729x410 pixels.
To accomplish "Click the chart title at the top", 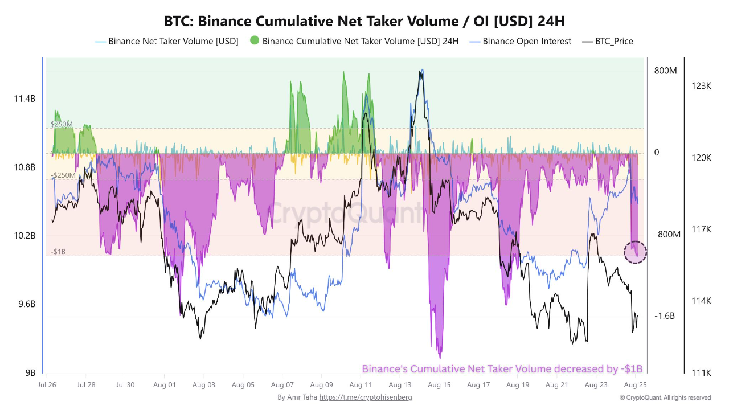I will tap(364, 21).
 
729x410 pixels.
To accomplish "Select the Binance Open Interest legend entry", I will tap(527, 41).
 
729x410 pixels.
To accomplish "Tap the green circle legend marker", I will tap(255, 40).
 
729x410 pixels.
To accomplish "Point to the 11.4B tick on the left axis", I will tap(24, 99).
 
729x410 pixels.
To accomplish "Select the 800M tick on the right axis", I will tap(665, 71).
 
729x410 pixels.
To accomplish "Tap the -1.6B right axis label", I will tap(665, 316).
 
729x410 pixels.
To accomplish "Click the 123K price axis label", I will tap(701, 86).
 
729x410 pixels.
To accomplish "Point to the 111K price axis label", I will tap(701, 373).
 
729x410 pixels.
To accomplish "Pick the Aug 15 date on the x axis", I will tap(439, 385).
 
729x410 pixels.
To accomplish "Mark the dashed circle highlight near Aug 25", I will tap(636, 252).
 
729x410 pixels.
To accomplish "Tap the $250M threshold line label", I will tap(62, 124).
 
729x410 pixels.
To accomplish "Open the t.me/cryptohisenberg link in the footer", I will tap(365, 397).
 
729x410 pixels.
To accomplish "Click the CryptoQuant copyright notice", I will tap(665, 397).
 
